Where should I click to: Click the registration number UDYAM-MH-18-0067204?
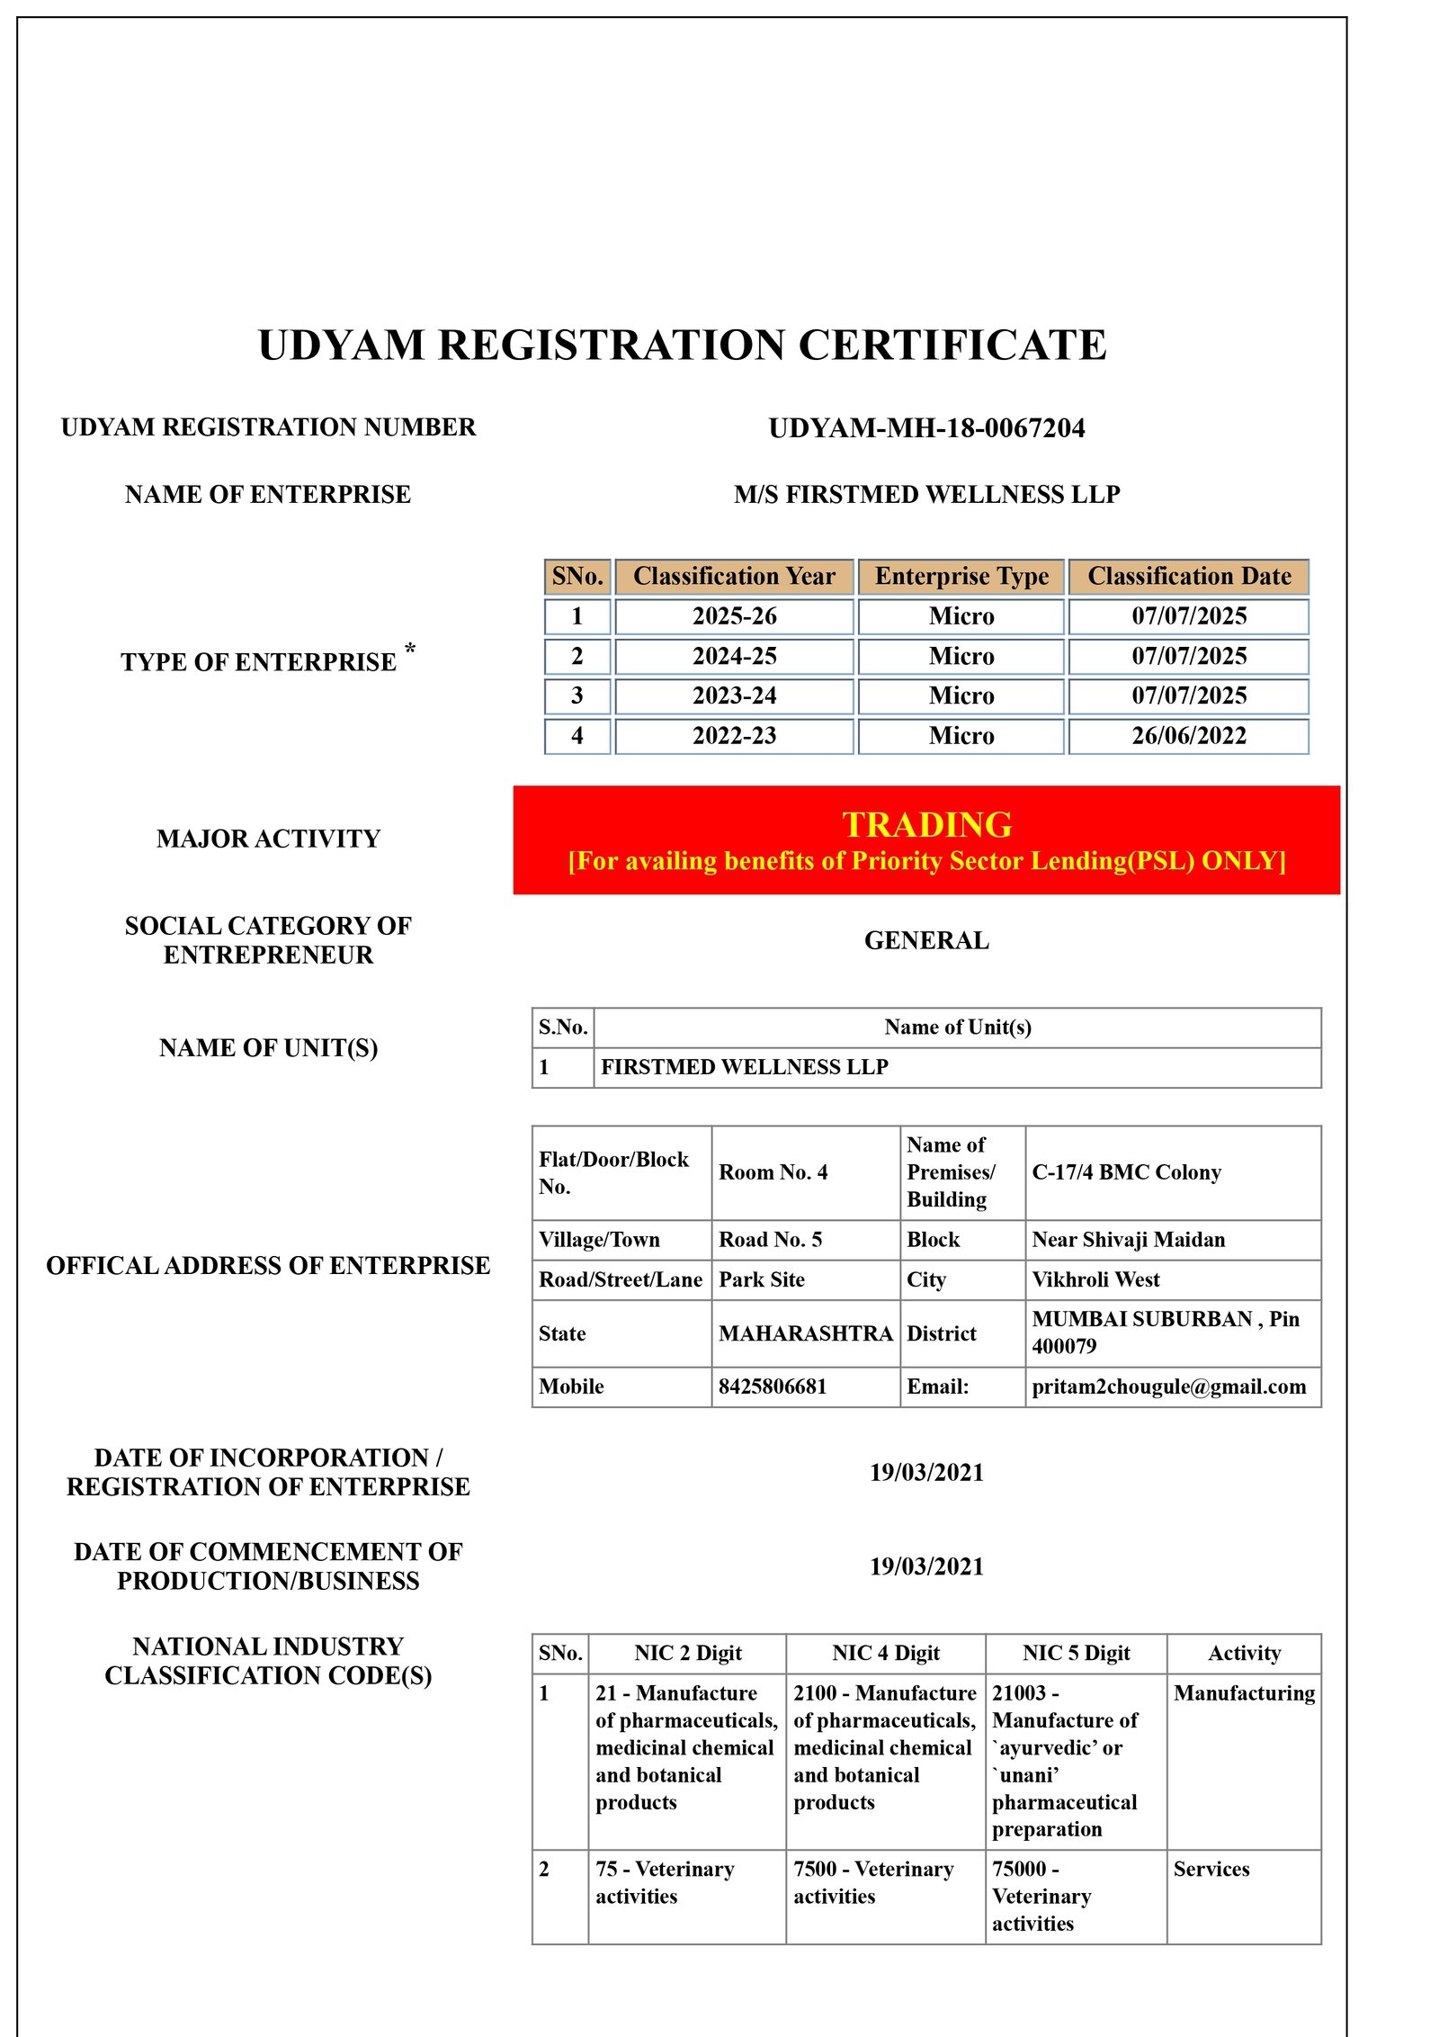pyautogui.click(x=926, y=428)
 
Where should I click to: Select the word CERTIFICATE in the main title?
pyautogui.click(x=952, y=345)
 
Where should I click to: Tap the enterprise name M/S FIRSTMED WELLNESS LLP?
pyautogui.click(x=926, y=495)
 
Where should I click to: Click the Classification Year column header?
pyautogui.click(x=734, y=577)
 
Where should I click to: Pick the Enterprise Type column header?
pyautogui.click(x=961, y=577)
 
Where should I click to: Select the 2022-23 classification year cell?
pyautogui.click(x=734, y=736)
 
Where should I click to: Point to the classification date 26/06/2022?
pyautogui.click(x=1188, y=736)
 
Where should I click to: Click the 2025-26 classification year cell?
pyautogui.click(x=734, y=616)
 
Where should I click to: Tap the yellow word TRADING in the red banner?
pyautogui.click(x=926, y=825)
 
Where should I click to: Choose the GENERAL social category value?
pyautogui.click(x=926, y=941)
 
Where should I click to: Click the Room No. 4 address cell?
pyautogui.click(x=773, y=1172)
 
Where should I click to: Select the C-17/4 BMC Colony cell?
pyautogui.click(x=1126, y=1172)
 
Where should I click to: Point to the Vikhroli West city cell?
pyautogui.click(x=1095, y=1279)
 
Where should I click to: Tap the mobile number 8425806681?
pyautogui.click(x=772, y=1386)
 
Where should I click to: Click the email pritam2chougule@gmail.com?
pyautogui.click(x=1168, y=1386)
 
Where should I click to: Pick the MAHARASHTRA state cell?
pyautogui.click(x=805, y=1333)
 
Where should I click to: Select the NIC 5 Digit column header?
pyautogui.click(x=1076, y=1653)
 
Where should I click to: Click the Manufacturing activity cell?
pyautogui.click(x=1244, y=1693)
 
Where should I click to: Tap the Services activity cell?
pyautogui.click(x=1211, y=1869)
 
